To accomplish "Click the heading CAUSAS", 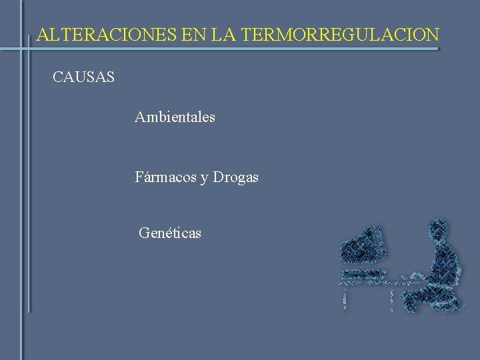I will click(x=83, y=77).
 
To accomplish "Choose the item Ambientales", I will click(x=175, y=117).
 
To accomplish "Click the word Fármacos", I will click(x=165, y=177).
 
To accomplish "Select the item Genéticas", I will click(x=170, y=233).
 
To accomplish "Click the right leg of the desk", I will click(x=391, y=299).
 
